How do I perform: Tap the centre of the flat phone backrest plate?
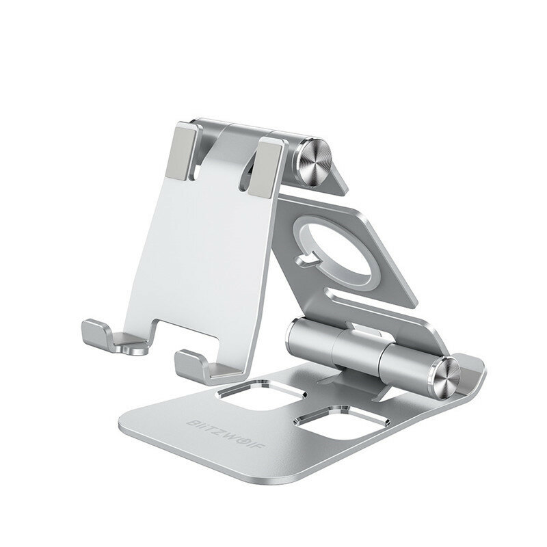tap(215, 246)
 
